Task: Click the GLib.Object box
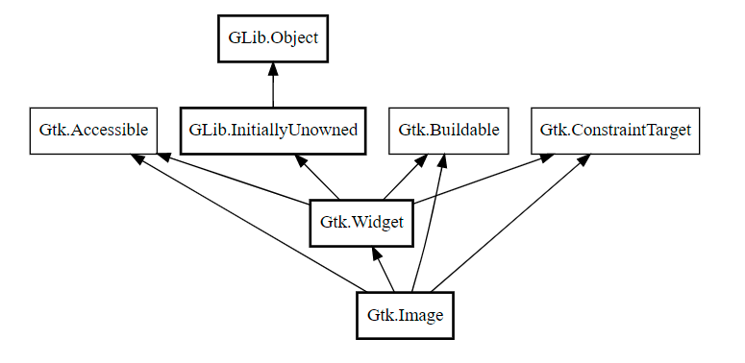point(273,38)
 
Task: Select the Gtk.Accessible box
point(93,131)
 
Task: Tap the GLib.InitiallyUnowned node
point(273,131)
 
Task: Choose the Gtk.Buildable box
point(449,131)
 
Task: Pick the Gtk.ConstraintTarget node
point(615,131)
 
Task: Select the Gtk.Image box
point(405,315)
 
